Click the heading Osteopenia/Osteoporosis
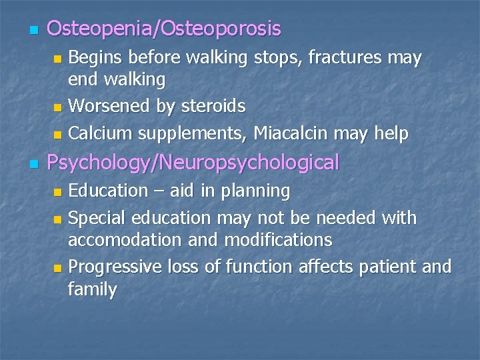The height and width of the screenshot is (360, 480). [x=164, y=29]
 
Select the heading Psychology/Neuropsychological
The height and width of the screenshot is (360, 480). [x=193, y=162]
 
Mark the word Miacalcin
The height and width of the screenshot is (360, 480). [x=305, y=133]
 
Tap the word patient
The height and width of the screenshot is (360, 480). [x=381, y=267]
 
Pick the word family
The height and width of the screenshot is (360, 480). [x=92, y=290]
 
